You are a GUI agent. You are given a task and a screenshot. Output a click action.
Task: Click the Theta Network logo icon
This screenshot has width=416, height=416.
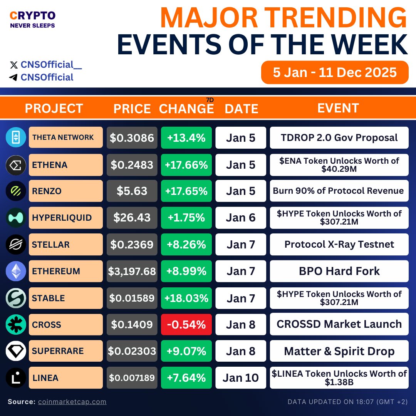click(16, 138)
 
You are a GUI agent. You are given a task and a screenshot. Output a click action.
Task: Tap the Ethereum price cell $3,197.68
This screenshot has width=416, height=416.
click(132, 271)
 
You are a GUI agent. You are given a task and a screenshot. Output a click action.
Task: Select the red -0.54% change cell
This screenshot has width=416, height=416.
click(186, 325)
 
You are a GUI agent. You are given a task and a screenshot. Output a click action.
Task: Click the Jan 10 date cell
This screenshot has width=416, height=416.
click(241, 378)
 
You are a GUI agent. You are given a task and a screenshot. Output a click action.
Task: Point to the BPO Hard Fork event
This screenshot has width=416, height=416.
click(339, 271)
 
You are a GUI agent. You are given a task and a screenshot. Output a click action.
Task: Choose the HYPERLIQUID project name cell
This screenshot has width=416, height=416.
click(65, 218)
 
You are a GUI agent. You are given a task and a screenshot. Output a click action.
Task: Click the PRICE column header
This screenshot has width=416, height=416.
click(132, 109)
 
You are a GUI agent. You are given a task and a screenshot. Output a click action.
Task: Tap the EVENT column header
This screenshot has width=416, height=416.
click(338, 108)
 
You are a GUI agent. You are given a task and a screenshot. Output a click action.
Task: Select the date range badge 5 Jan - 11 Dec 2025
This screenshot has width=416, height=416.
click(335, 72)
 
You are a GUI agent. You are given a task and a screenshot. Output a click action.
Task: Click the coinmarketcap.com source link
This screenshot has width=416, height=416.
click(72, 402)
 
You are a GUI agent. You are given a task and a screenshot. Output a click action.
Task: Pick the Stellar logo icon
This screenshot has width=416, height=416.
click(16, 245)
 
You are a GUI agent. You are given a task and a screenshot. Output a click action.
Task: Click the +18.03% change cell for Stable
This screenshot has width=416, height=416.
click(186, 298)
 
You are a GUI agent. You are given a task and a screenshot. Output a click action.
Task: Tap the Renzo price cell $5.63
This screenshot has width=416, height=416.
click(132, 191)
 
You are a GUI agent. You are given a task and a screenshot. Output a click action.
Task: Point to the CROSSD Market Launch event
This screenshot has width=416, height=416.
click(339, 324)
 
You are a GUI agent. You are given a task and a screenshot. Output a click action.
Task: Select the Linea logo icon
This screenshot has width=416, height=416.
click(16, 378)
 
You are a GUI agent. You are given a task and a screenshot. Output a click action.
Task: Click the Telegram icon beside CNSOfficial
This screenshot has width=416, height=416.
click(13, 77)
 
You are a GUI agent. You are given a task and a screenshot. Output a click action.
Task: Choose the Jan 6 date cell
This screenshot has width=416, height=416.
click(241, 218)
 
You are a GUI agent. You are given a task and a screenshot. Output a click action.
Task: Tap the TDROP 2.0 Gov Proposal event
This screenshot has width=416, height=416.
click(339, 138)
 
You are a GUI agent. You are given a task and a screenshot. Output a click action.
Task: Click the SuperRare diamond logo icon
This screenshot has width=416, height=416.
click(16, 351)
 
